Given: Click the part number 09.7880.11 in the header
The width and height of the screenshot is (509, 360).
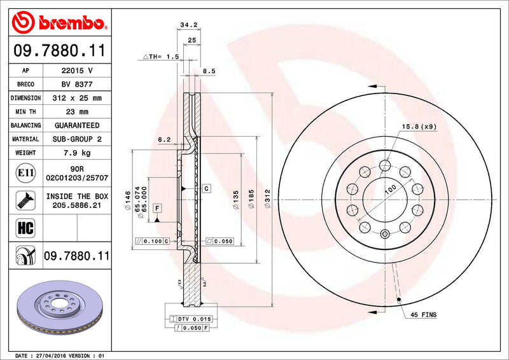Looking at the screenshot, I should coord(58,50).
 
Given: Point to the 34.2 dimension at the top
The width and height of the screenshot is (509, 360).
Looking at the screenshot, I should coord(187,25).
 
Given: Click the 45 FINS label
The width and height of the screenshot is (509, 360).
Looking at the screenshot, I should coord(422,314).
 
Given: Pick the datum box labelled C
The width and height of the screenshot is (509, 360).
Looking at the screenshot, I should coord(207,189).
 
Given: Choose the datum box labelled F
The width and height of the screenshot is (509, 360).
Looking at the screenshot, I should coord(156,208).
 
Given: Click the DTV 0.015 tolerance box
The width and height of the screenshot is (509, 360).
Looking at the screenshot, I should coord(190,318).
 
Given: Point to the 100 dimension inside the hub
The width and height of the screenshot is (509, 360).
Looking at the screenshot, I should coord(390,189).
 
